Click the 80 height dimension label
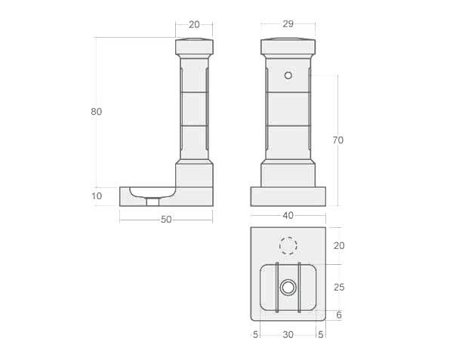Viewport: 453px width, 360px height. tap(96, 112)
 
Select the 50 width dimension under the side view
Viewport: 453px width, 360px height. tap(166, 220)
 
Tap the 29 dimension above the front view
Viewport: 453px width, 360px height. tap(288, 24)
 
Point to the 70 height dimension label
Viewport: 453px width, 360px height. tap(337, 140)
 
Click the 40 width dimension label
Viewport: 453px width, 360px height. tap(288, 215)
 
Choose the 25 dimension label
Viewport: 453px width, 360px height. tap(339, 288)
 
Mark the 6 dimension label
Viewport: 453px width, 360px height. tap(339, 315)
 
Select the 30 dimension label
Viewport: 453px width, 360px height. tap(288, 334)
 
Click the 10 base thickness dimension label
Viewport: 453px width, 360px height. tap(97, 196)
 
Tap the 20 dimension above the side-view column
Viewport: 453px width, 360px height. tap(194, 24)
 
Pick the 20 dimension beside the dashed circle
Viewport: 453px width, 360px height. tap(339, 245)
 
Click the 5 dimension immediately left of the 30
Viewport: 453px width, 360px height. tap(256, 334)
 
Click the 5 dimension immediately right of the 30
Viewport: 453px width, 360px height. tap(321, 334)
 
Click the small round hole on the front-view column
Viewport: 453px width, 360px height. tap(288, 75)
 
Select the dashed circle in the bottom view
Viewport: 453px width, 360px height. tap(288, 246)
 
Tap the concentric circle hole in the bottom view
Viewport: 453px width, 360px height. tap(288, 288)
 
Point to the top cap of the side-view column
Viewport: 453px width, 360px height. tap(194, 47)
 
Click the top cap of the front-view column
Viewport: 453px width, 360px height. tap(288, 47)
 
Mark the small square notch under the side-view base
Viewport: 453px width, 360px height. tap(153, 202)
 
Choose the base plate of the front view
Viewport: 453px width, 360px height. tap(288, 196)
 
